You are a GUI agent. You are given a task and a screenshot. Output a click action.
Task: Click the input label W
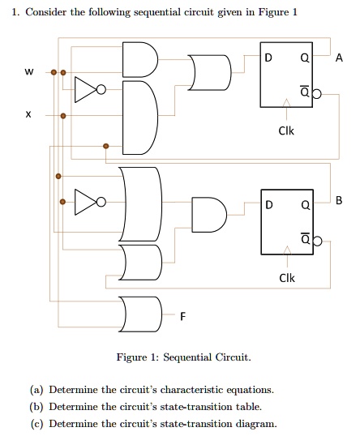(29, 73)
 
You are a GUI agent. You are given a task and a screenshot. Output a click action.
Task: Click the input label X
(29, 116)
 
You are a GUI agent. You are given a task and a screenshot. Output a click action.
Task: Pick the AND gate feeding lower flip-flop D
(208, 215)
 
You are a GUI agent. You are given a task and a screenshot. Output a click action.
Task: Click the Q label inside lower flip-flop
(305, 204)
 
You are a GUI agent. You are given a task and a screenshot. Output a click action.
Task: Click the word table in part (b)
(249, 406)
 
